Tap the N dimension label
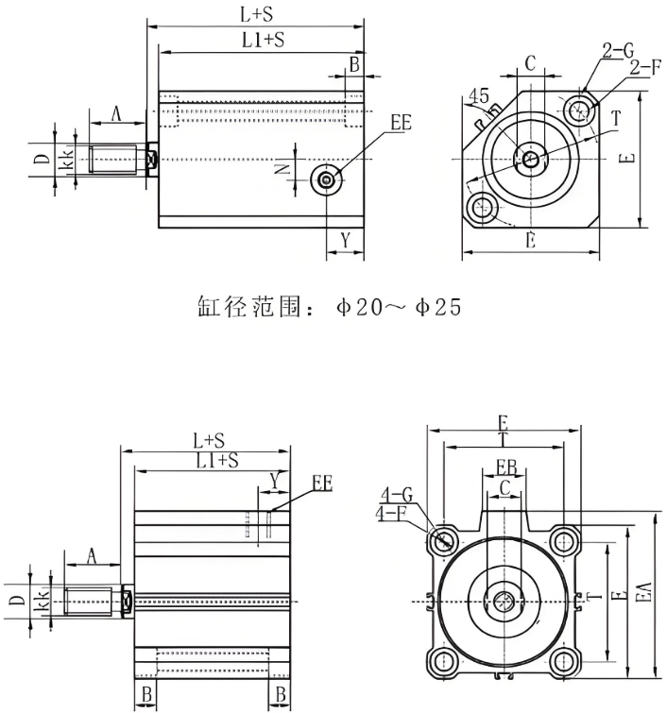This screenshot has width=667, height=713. point(281,170)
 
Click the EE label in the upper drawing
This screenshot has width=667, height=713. point(402,123)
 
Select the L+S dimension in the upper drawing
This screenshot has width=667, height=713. point(256,13)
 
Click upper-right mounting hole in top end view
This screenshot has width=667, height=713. point(578,111)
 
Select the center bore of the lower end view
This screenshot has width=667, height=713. point(505,600)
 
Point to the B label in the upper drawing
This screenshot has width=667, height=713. point(354,64)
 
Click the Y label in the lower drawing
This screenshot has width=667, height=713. point(274,482)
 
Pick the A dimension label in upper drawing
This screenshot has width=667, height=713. point(116,113)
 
